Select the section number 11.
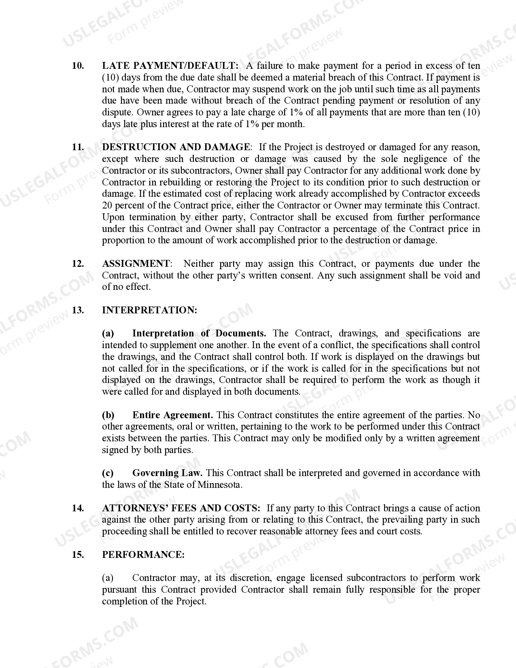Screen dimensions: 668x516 [78, 147]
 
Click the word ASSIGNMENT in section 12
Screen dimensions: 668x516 [136, 264]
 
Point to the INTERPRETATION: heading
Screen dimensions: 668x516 [149, 310]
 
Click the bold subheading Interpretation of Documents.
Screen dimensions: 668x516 [199, 333]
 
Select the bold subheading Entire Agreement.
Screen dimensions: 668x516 [172, 415]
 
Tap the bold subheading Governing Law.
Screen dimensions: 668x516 [167, 473]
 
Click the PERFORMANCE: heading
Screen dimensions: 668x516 [143, 555]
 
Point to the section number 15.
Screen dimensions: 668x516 [78, 555]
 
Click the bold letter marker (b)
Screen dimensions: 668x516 [108, 415]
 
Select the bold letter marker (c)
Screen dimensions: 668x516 [108, 473]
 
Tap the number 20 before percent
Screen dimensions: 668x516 [107, 205]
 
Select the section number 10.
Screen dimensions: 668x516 [78, 66]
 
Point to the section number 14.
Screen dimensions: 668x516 [78, 508]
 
